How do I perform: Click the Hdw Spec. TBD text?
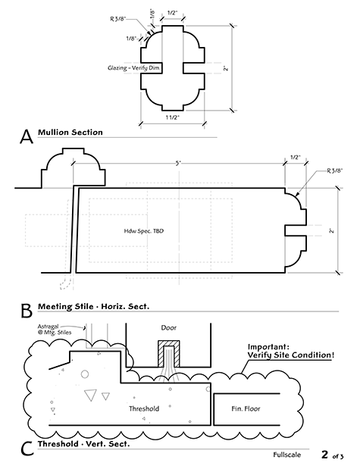click(144, 230)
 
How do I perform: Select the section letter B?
click(26, 311)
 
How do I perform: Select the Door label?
click(168, 329)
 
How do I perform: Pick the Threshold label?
click(144, 408)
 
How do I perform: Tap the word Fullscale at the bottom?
click(291, 455)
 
